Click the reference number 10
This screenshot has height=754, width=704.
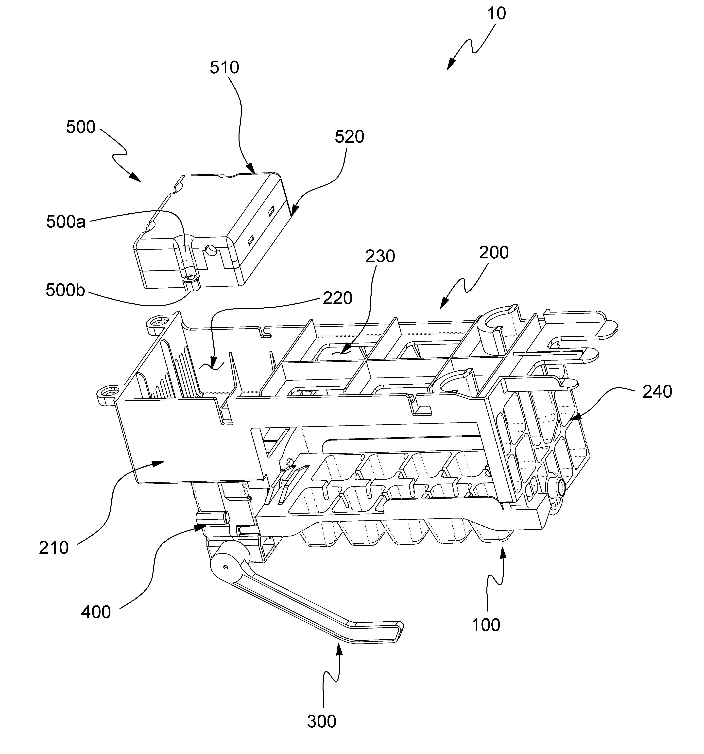coord(496,14)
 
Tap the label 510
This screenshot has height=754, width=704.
coord(224,67)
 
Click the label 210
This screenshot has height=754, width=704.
coord(54,548)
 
